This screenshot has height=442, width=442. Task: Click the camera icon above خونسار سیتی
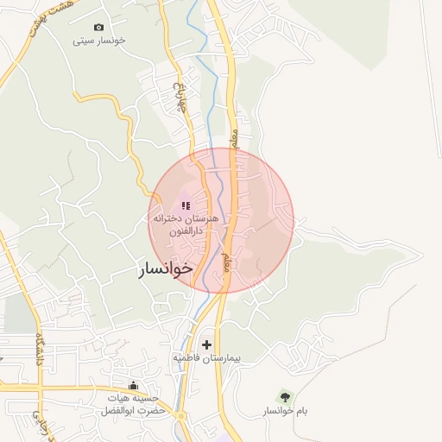coord(98,28)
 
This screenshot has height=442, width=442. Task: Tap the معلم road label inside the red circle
coord(228,259)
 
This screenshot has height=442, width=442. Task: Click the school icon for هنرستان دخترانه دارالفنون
coord(186,205)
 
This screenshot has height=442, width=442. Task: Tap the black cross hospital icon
coord(205,344)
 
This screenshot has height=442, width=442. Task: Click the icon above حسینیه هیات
coord(133,385)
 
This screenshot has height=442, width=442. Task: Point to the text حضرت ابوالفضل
coord(135,409)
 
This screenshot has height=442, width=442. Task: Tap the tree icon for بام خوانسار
coord(285,397)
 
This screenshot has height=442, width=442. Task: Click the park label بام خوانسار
coord(286,411)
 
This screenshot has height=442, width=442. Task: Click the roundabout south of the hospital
coord(180,415)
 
